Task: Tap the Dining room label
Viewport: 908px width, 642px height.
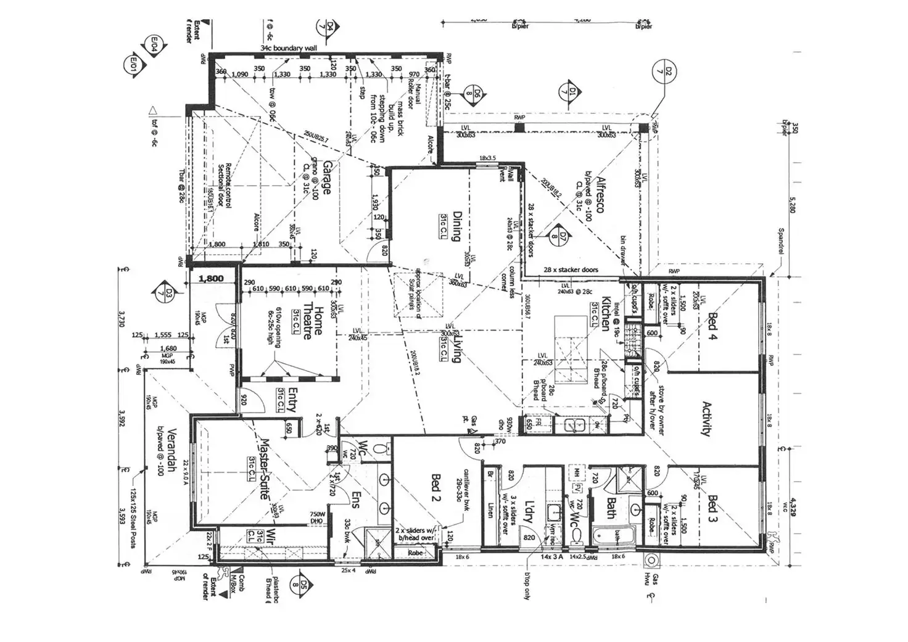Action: coord(458,226)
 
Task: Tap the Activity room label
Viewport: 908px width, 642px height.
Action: coord(708,419)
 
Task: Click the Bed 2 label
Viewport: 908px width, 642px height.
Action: coord(435,487)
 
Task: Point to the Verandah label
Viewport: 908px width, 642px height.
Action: coord(172,449)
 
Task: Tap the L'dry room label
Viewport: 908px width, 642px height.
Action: coord(527,511)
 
